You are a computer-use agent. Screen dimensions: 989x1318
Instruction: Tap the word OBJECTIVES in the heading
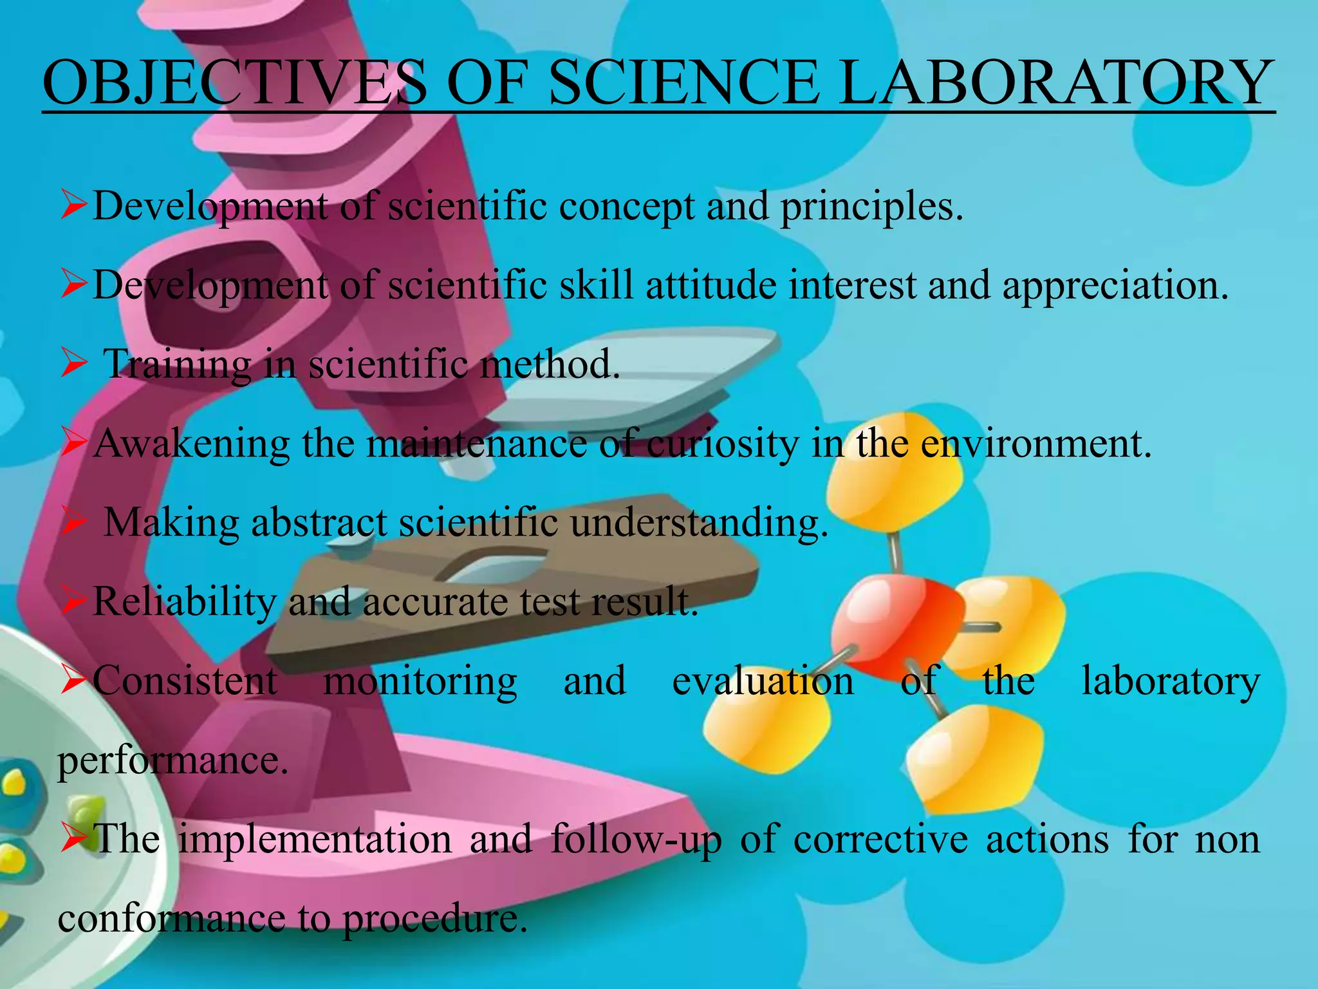pos(235,84)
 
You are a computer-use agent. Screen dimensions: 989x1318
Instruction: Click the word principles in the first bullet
pos(871,207)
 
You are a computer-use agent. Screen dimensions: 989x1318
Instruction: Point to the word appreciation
pos(1115,286)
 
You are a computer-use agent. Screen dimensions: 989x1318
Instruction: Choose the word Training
pos(177,364)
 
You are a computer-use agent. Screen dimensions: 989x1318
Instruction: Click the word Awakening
pos(192,444)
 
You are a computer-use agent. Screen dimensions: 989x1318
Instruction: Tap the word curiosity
pos(722,444)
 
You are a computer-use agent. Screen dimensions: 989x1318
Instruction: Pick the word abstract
pos(319,522)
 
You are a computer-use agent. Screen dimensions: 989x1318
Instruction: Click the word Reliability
pos(185,602)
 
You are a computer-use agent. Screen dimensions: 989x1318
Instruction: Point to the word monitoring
pos(420,681)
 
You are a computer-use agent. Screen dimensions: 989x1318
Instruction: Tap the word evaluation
pos(763,681)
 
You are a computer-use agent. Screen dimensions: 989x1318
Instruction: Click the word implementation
pos(315,840)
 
